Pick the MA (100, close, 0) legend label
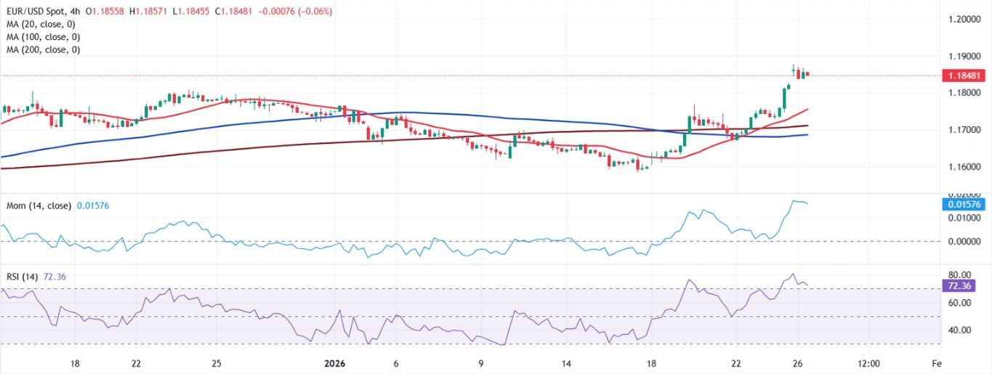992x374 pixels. [x=44, y=37]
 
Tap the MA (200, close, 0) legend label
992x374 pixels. [x=44, y=49]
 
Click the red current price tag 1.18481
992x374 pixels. [x=964, y=76]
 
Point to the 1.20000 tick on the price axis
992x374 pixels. [x=964, y=20]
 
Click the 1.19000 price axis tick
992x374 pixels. [x=964, y=56]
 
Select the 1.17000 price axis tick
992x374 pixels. [x=964, y=130]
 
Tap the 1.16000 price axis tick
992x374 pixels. [x=964, y=167]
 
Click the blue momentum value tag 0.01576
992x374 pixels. [x=964, y=205]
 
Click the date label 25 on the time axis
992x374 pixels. [x=216, y=363]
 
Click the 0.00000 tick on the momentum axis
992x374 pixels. [x=964, y=241]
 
